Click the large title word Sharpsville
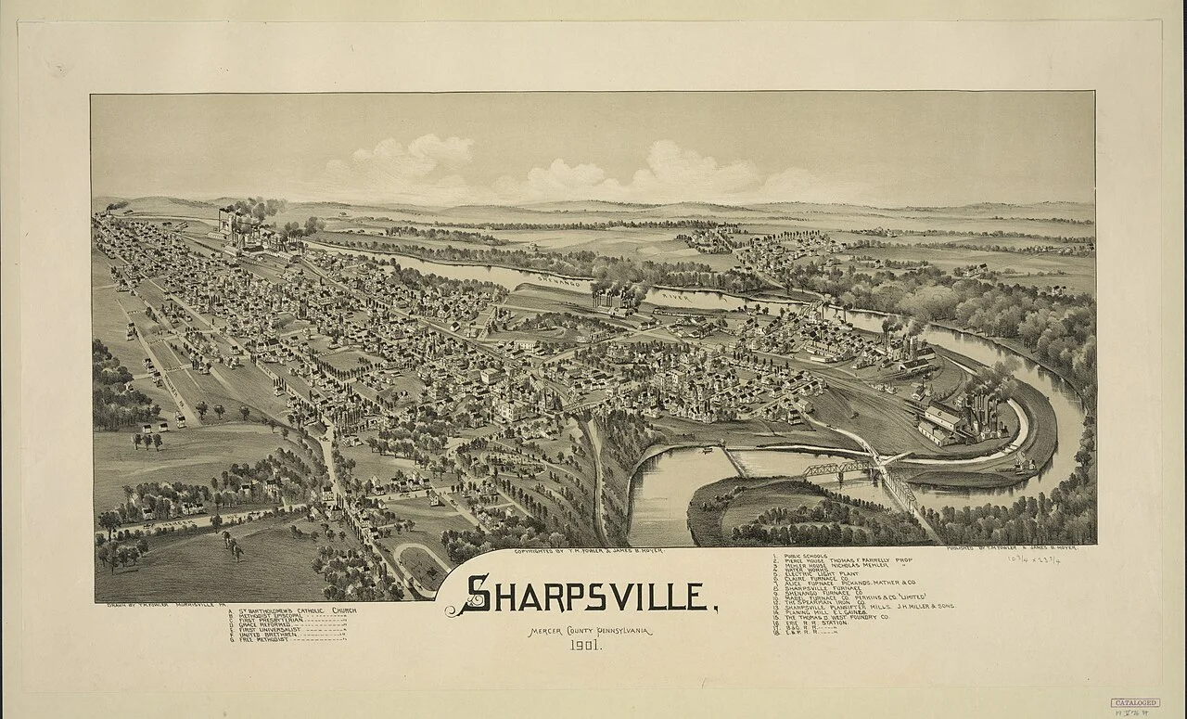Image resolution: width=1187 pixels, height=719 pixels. [590, 595]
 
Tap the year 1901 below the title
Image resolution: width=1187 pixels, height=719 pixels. [583, 647]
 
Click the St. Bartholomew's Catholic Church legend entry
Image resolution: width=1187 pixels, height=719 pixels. [293, 610]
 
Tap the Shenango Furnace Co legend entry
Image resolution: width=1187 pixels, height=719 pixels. [826, 594]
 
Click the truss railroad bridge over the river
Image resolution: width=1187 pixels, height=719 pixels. [839, 469]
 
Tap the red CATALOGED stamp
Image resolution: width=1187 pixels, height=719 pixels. [1135, 702]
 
